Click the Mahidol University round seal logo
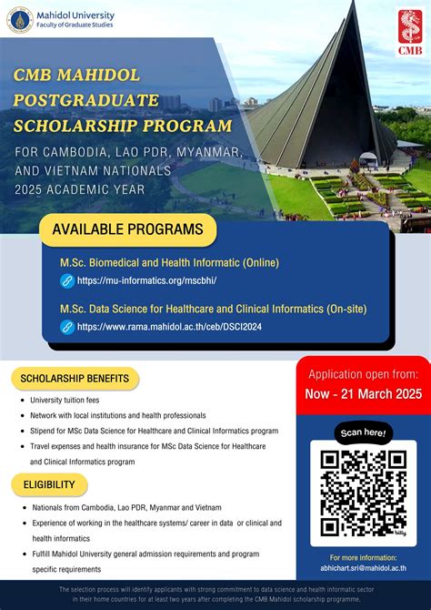click(20, 20)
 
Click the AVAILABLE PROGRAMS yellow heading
click(127, 229)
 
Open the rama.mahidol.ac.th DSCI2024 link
click(170, 327)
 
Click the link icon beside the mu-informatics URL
click(66, 281)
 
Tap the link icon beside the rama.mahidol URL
click(66, 327)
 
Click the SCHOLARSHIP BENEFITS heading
click(75, 378)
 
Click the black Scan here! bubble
click(364, 431)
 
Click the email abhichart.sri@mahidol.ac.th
click(363, 567)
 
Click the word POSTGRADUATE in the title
click(86, 99)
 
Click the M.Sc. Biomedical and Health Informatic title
click(169, 262)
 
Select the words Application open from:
click(363, 373)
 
